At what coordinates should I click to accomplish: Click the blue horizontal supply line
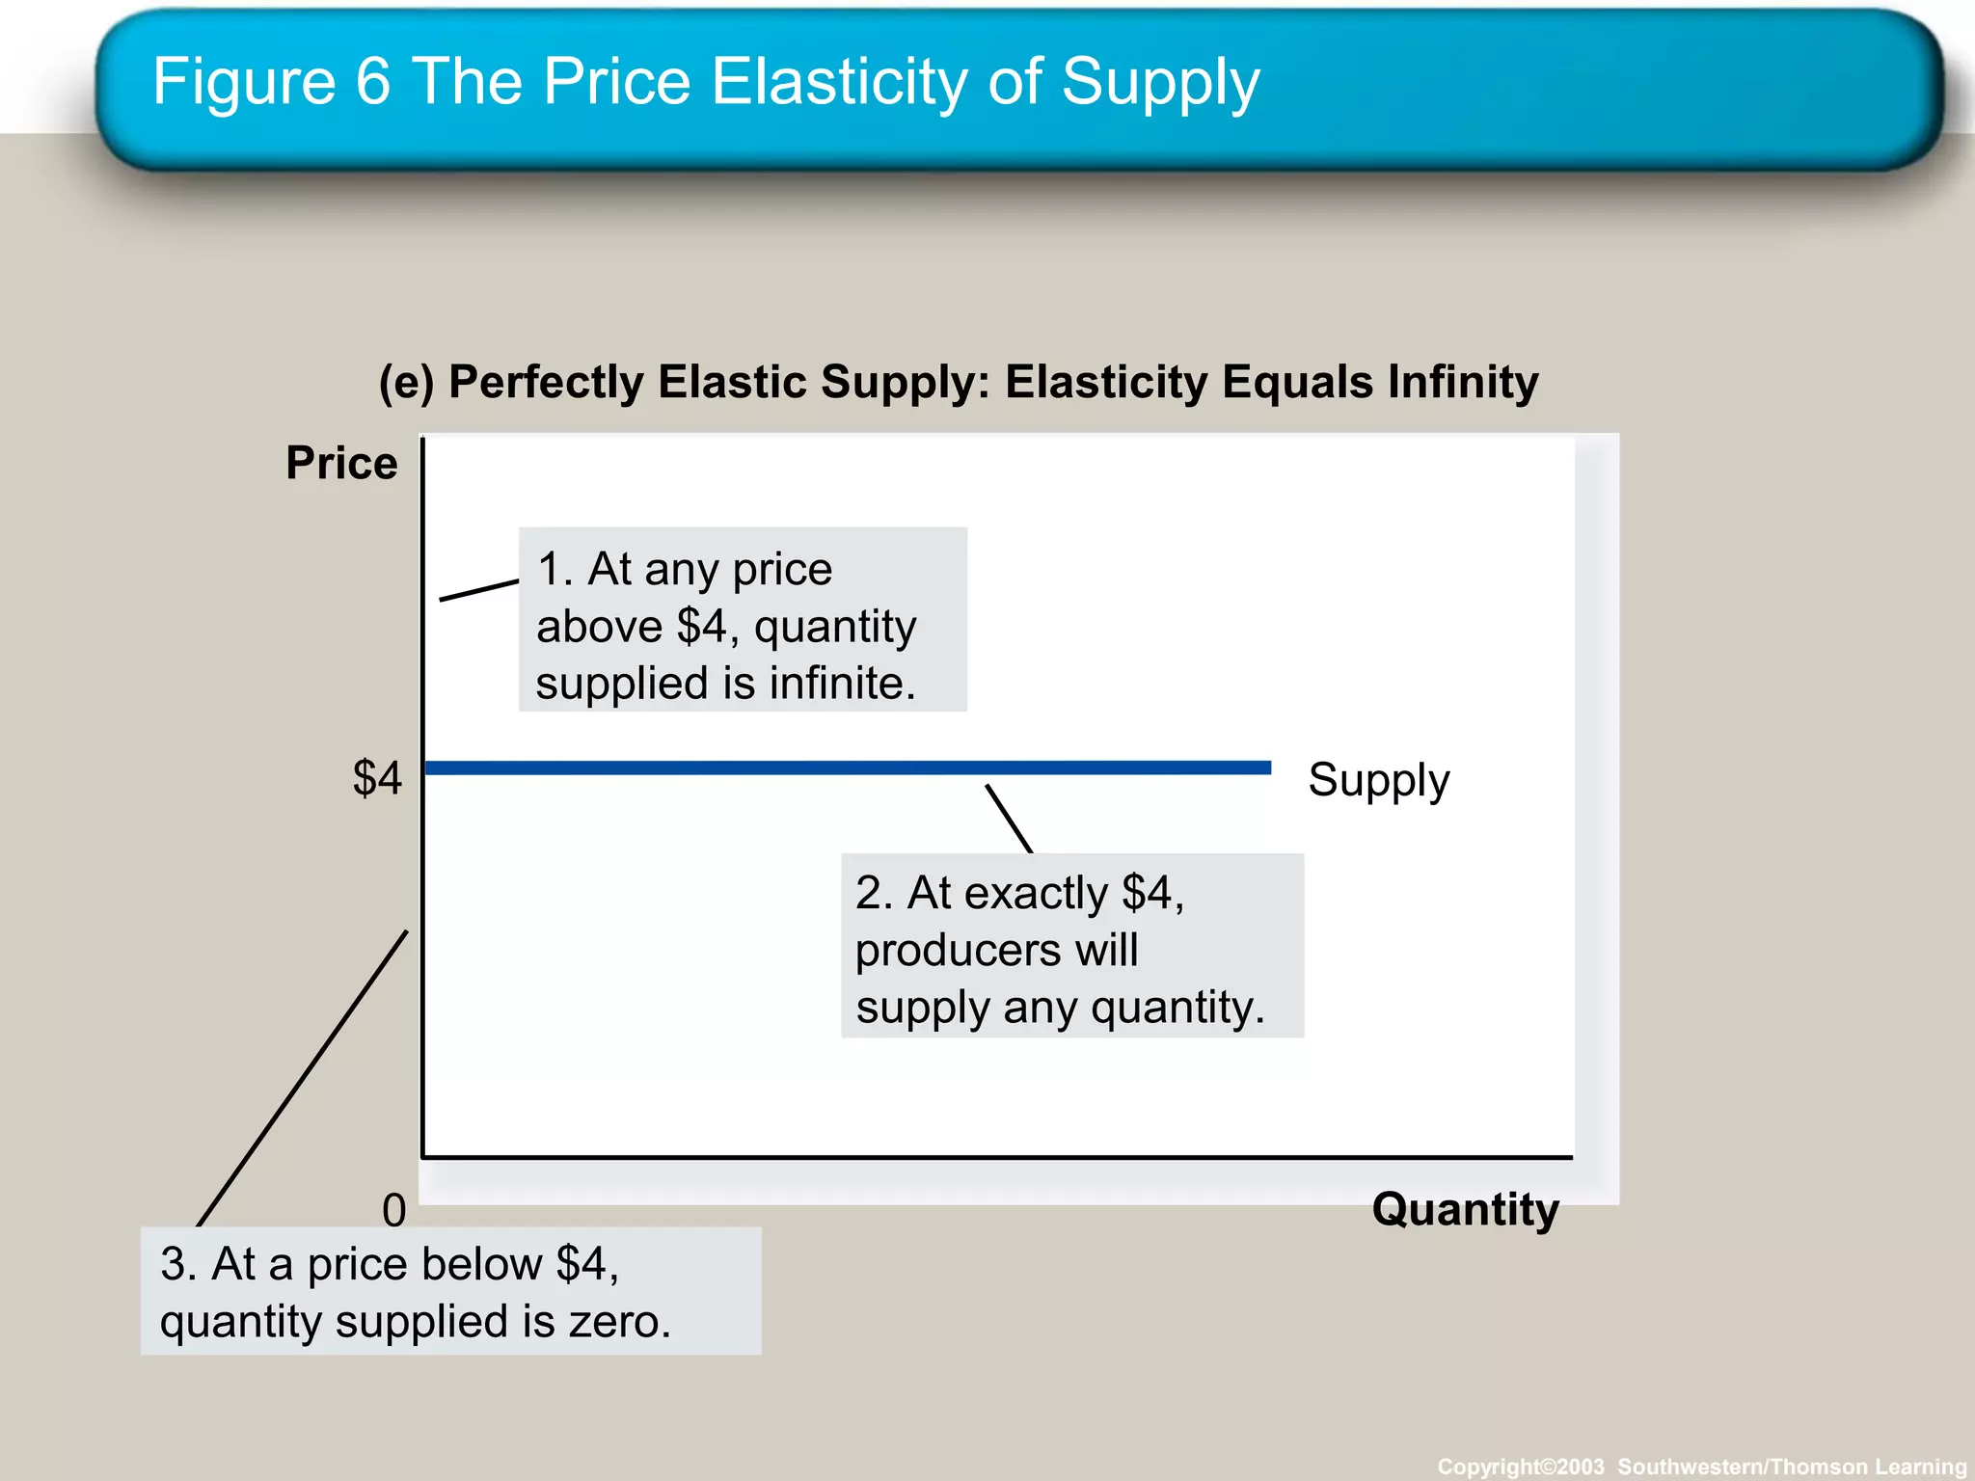pos(849,767)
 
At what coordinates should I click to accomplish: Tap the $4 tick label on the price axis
pos(377,777)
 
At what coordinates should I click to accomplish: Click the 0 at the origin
pos(393,1210)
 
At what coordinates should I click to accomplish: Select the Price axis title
pos(341,463)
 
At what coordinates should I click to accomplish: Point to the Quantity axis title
pos(1465,1209)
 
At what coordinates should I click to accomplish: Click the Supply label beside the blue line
pos(1378,780)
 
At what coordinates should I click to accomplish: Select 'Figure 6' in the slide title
pos(271,81)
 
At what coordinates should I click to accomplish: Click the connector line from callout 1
pos(479,590)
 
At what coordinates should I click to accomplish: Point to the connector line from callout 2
pos(1009,819)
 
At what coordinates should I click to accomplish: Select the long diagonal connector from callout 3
pos(303,1078)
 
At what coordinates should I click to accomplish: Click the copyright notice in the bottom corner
pos(1701,1467)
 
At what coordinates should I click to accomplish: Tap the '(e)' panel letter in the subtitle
pos(406,382)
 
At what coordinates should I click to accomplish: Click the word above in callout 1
pos(599,627)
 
